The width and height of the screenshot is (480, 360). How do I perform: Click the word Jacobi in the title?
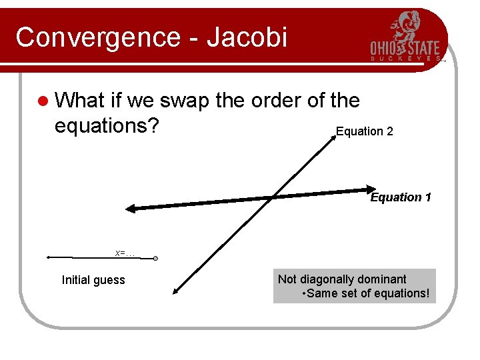tap(247, 37)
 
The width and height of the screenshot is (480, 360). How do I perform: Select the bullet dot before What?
tap(43, 101)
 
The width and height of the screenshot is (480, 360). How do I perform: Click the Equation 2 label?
tap(364, 131)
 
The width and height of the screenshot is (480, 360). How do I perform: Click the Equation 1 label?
tap(401, 197)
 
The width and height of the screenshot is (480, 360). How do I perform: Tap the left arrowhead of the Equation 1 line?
tap(130, 209)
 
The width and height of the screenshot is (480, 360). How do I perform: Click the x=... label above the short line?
tap(124, 253)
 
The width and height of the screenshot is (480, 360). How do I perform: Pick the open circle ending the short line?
tap(155, 259)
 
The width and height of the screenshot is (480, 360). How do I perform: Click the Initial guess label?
tap(93, 280)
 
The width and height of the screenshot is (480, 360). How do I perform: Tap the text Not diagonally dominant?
tap(342, 279)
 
